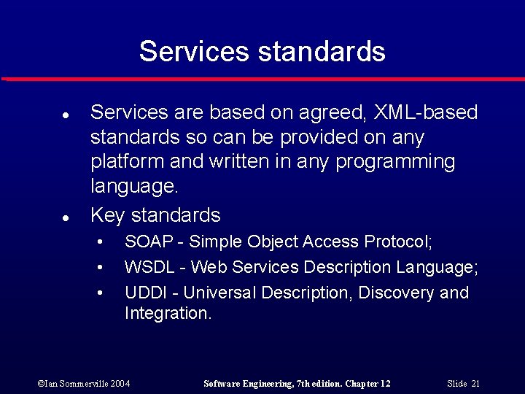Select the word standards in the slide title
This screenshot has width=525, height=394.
pyautogui.click(x=322, y=52)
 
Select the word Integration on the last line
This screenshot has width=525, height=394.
pyautogui.click(x=168, y=314)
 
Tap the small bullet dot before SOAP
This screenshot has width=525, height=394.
pyautogui.click(x=100, y=242)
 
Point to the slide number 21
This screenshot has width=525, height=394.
pyautogui.click(x=475, y=384)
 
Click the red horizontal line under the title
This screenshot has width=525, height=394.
pyautogui.click(x=262, y=79)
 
